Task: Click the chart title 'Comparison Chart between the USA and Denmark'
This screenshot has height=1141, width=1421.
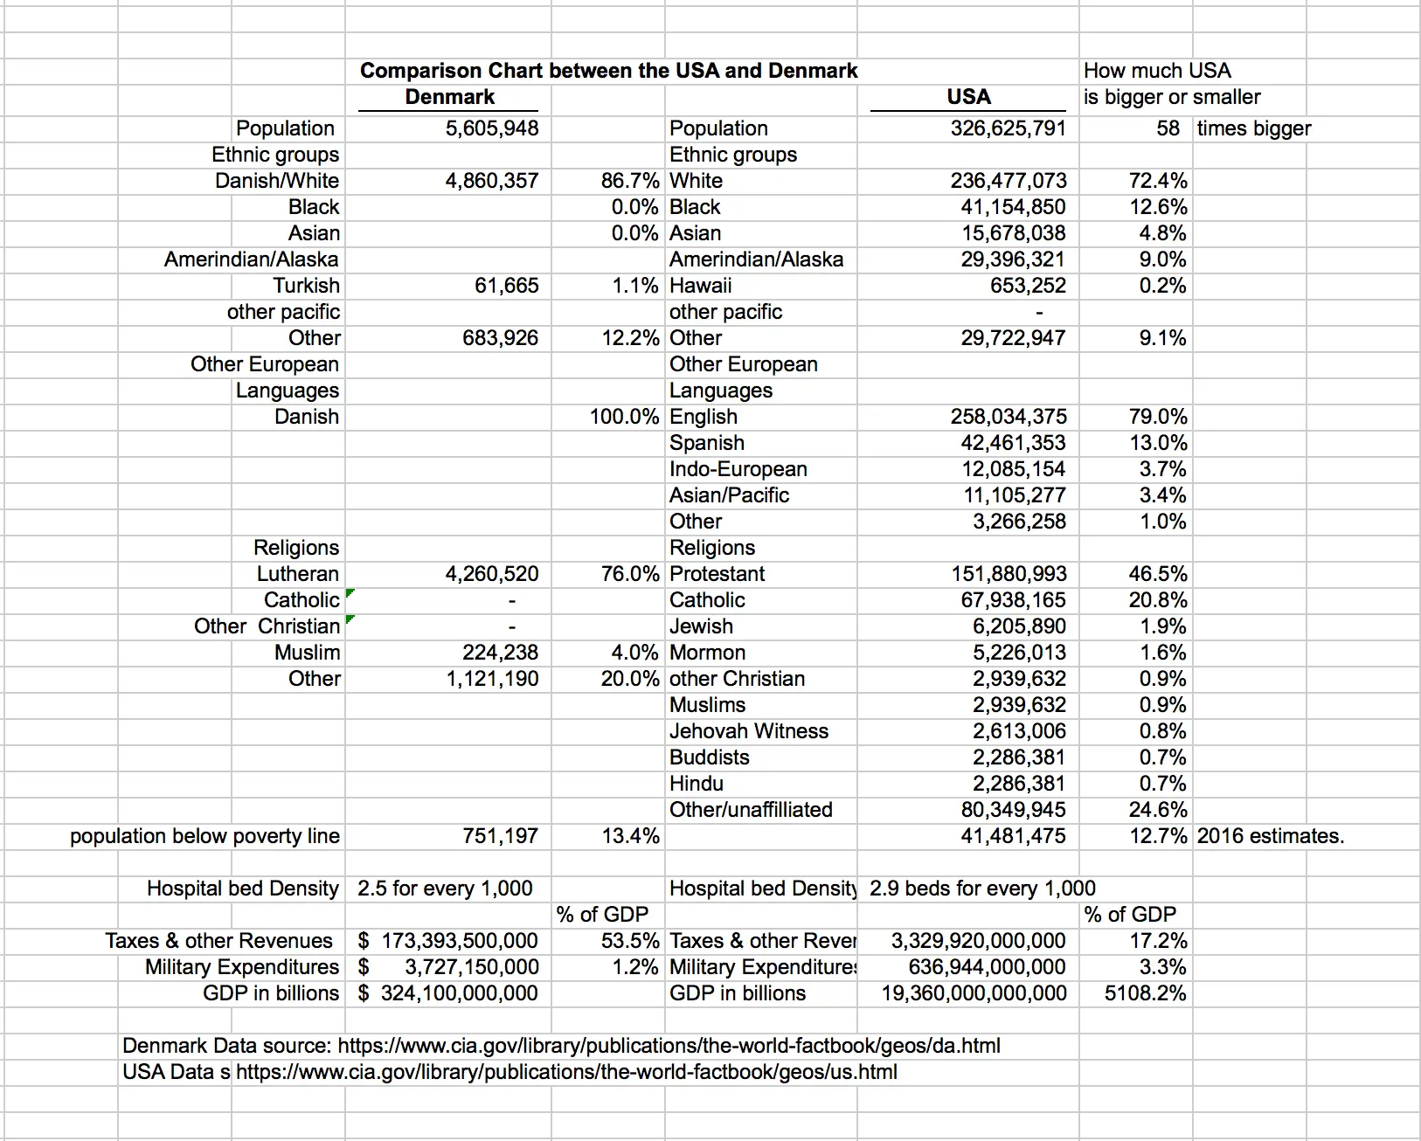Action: (608, 71)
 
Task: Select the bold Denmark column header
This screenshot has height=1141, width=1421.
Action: (449, 97)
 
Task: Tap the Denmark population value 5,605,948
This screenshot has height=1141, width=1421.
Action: (492, 128)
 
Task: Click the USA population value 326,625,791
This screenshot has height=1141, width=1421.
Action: (1009, 128)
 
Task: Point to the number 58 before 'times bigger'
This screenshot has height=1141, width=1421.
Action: (1168, 128)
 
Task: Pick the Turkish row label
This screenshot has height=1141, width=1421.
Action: (306, 286)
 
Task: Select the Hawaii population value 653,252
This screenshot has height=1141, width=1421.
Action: (1028, 286)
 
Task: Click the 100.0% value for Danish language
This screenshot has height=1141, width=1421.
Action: (624, 417)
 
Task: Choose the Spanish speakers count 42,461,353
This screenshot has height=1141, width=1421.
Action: (1013, 443)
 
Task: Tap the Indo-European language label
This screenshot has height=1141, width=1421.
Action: (738, 469)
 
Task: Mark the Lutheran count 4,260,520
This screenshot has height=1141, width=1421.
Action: (492, 574)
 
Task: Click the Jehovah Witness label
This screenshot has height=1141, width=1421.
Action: (748, 731)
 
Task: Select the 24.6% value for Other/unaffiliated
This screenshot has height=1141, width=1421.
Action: (1158, 810)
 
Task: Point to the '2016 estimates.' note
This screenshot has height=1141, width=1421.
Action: (1270, 836)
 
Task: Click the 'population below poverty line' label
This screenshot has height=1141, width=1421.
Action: (204, 836)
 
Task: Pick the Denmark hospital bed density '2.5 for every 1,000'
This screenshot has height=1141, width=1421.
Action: (444, 889)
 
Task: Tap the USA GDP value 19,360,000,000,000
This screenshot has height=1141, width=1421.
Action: (974, 993)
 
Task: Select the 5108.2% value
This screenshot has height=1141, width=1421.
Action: (1145, 993)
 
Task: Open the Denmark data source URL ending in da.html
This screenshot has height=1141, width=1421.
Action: (669, 1046)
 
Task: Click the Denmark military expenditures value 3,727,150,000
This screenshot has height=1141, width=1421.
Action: (471, 967)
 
